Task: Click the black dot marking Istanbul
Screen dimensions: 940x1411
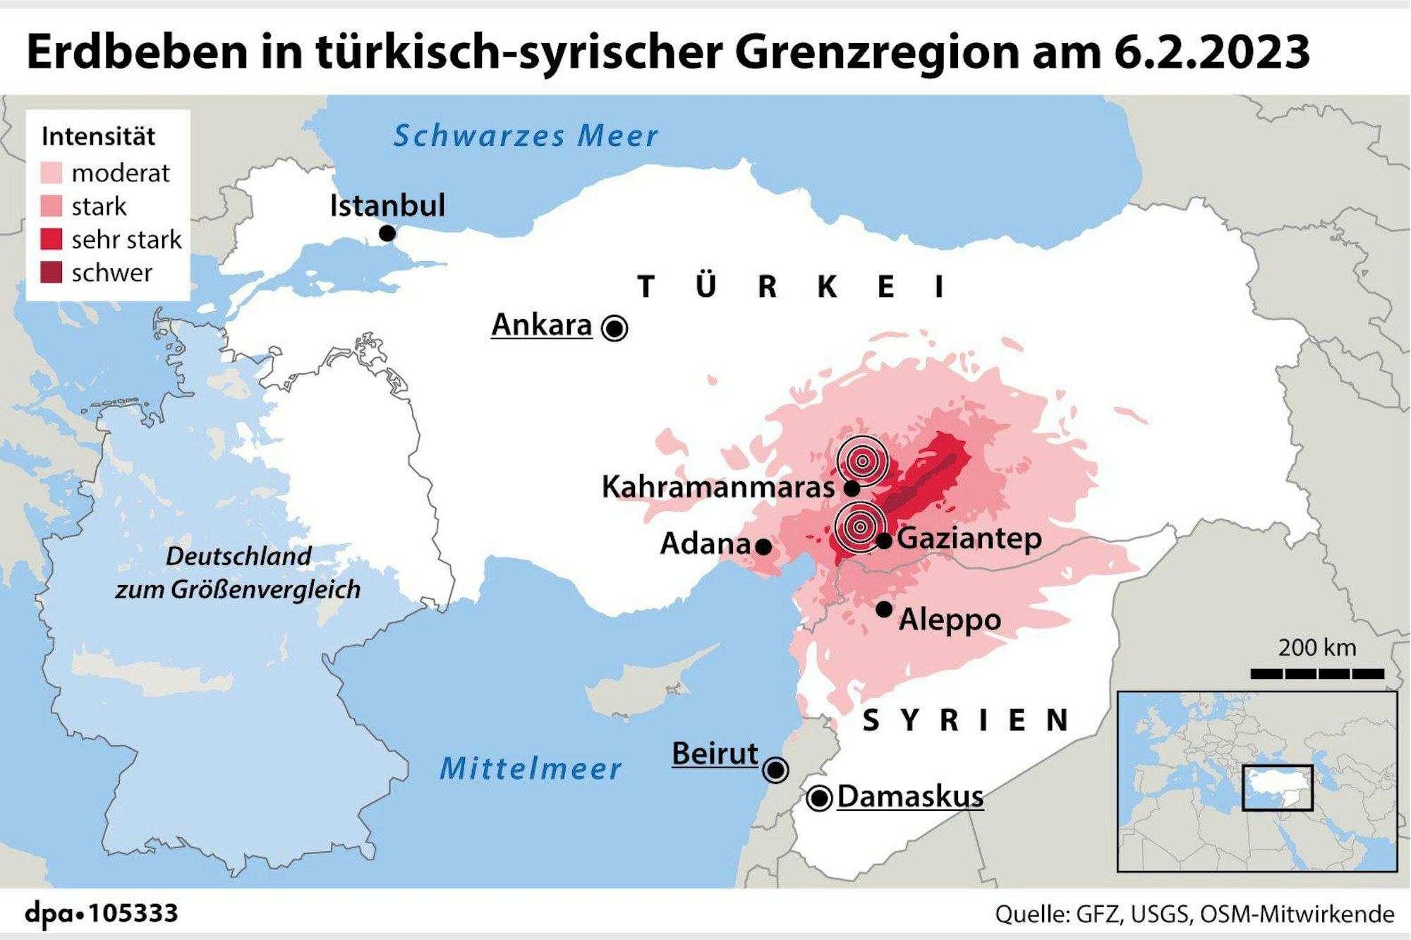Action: click(387, 233)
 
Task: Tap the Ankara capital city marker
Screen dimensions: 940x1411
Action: click(614, 328)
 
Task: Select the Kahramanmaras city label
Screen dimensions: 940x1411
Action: click(717, 487)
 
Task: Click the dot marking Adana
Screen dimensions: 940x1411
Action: click(763, 546)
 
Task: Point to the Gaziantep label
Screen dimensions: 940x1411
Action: click(969, 538)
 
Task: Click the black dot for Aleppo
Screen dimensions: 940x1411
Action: click(884, 609)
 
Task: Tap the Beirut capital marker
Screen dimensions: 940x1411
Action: click(775, 769)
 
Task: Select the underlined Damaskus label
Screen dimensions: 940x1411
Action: click(910, 797)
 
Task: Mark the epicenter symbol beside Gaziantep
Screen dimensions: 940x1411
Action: click(859, 527)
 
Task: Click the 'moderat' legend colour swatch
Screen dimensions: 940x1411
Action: click(52, 173)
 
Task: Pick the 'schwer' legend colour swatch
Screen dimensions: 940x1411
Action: click(52, 272)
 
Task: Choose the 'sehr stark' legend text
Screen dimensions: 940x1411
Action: click(126, 240)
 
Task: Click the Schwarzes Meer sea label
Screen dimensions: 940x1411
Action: click(526, 136)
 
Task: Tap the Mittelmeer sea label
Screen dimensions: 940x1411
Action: click(531, 769)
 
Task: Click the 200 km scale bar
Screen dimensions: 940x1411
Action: click(1316, 674)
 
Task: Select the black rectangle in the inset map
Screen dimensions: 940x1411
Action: click(1277, 788)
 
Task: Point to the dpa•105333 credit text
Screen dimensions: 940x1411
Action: click(102, 913)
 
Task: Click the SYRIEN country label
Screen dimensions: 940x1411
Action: click(965, 721)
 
